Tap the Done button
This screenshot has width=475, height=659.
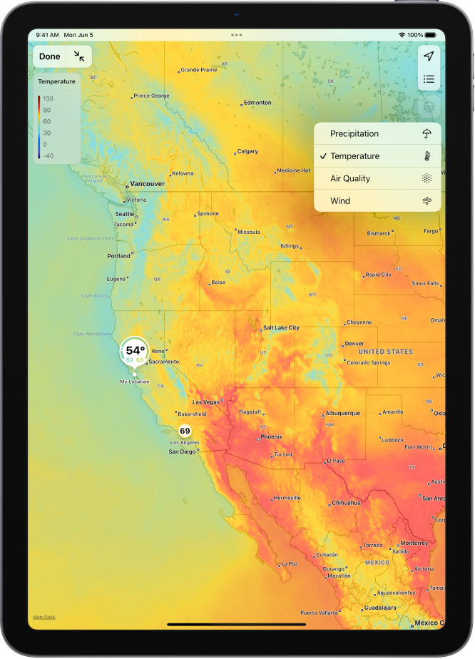click(50, 56)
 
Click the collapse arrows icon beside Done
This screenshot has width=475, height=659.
click(79, 56)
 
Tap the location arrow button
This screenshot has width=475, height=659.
click(429, 56)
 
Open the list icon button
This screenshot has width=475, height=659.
click(429, 79)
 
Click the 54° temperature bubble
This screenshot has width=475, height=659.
click(135, 351)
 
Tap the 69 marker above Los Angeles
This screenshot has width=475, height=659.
click(185, 431)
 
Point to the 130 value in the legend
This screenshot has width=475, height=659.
click(48, 98)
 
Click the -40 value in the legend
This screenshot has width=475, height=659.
click(48, 155)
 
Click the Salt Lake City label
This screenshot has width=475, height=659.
click(281, 328)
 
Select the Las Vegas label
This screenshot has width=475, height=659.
click(207, 402)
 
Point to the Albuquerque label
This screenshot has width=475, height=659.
click(343, 413)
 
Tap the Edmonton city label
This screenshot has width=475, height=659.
click(257, 103)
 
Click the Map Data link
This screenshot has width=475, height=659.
click(44, 617)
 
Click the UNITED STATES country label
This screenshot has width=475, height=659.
click(385, 352)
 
